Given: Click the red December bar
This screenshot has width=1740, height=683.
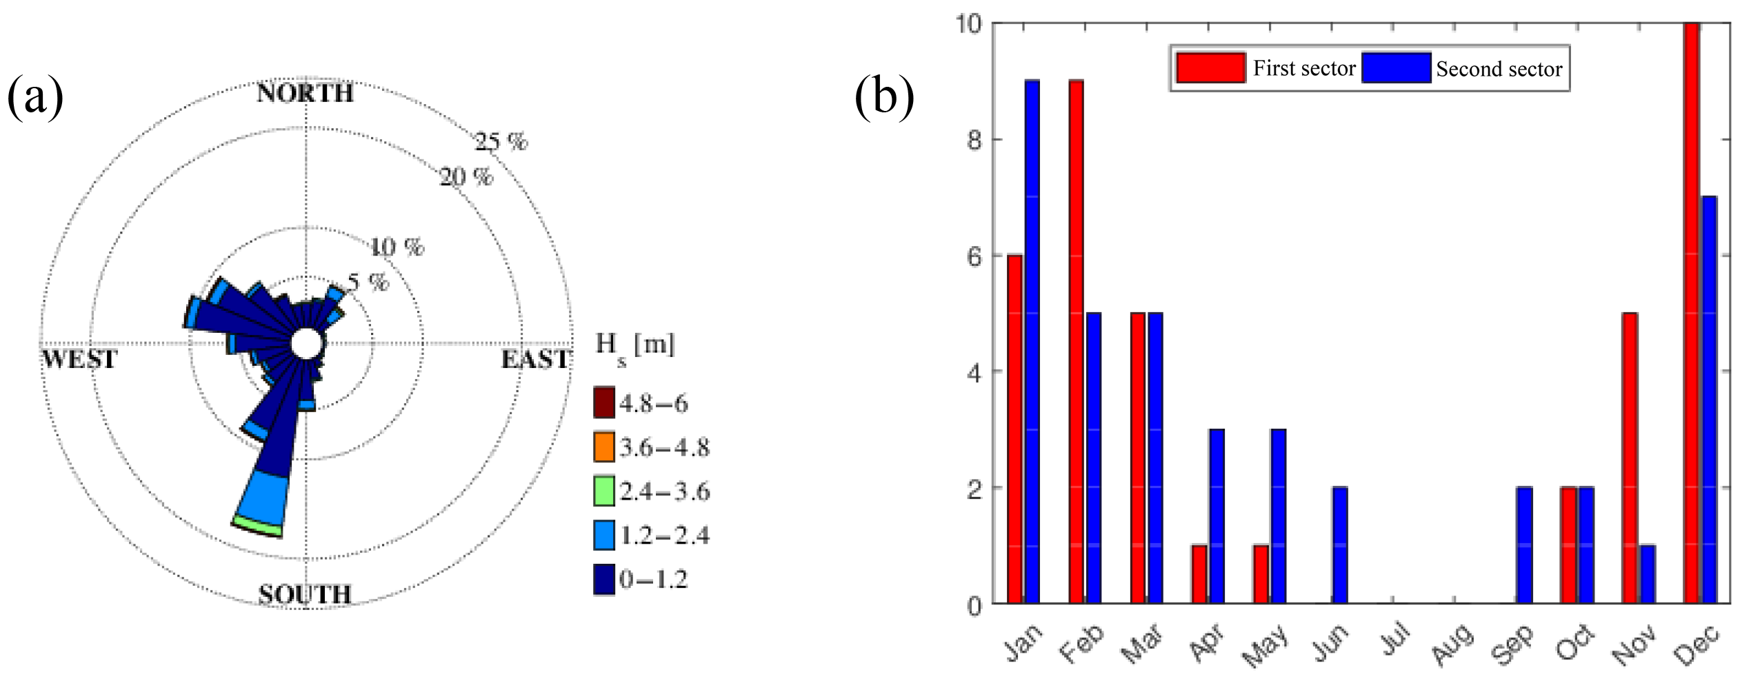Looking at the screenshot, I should click(1691, 314).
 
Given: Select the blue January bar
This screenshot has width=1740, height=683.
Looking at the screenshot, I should click(1032, 342).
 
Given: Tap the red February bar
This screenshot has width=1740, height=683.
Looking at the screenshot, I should click(1076, 342).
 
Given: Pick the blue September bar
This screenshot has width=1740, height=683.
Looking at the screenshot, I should click(1524, 545).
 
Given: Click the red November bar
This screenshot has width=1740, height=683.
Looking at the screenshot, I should click(1630, 458).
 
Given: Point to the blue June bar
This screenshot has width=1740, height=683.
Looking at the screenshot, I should click(1340, 545).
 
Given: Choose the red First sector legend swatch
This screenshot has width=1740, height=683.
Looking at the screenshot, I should click(1210, 68).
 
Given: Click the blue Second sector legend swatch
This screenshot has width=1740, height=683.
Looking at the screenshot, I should click(1396, 68).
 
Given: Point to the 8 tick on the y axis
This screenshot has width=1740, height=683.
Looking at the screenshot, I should click(974, 141).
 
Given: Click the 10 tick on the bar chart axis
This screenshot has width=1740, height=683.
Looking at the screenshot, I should click(968, 24).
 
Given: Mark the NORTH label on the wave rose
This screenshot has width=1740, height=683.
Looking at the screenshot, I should click(305, 93).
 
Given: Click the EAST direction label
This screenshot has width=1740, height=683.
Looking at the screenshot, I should click(535, 359).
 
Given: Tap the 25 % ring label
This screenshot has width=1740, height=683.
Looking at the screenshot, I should click(501, 142).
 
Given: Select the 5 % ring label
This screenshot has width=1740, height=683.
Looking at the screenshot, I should click(368, 282).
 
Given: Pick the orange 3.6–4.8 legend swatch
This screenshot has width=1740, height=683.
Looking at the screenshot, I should click(604, 447).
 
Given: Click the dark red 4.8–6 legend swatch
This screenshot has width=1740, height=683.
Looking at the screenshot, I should click(604, 402).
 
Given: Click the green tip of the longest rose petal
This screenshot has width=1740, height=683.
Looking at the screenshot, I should click(258, 526).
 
